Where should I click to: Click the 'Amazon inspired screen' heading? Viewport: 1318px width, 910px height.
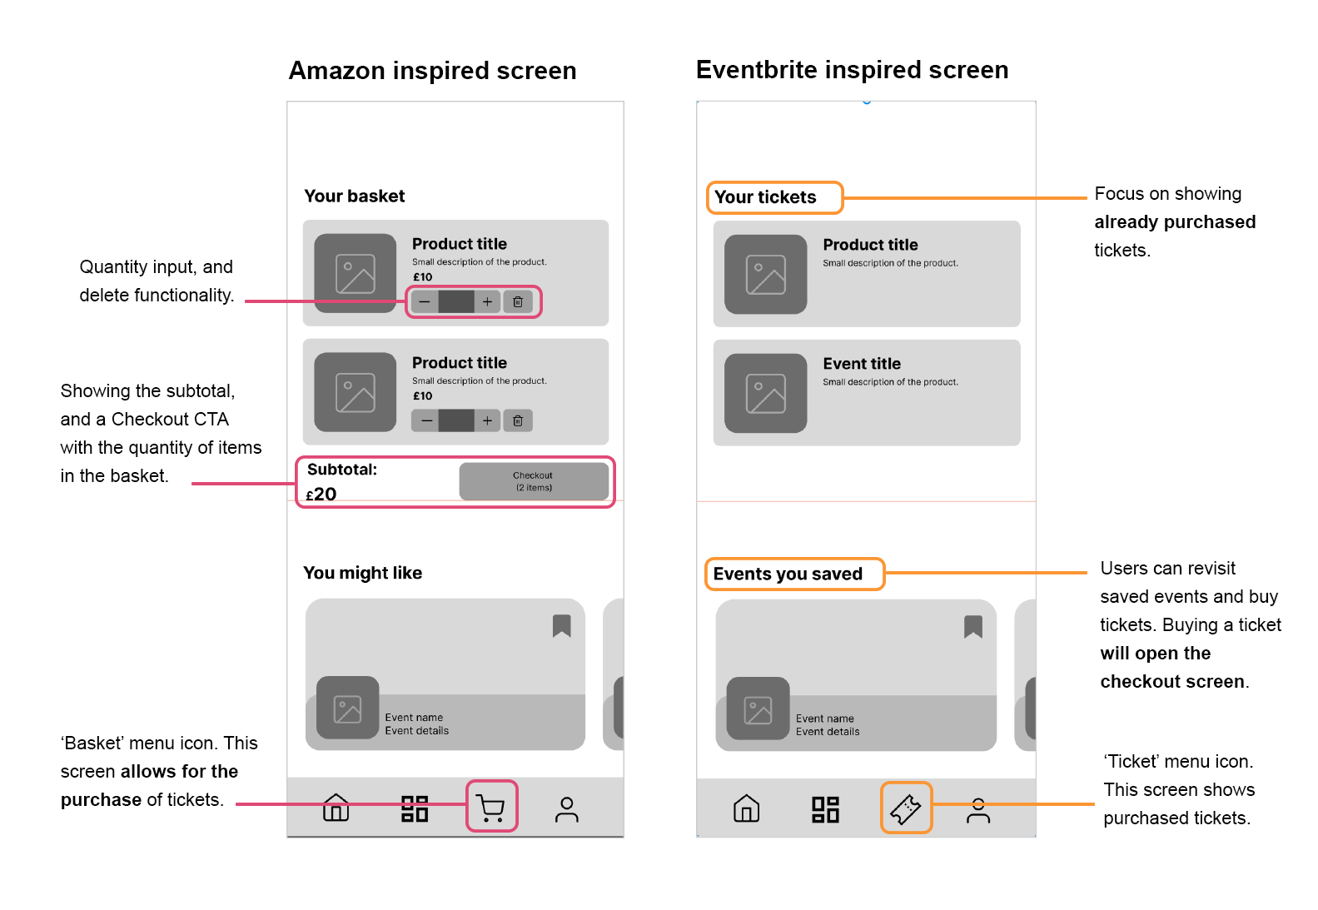[432, 71]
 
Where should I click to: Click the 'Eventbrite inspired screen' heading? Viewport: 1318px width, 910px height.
[852, 70]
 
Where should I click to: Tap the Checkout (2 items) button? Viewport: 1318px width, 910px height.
[533, 481]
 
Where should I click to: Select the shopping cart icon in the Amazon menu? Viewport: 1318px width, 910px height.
[491, 807]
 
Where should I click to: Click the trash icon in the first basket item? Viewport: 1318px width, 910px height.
[518, 301]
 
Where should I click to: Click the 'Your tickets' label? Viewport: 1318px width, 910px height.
[766, 197]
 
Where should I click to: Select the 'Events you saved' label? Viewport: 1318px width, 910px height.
[788, 574]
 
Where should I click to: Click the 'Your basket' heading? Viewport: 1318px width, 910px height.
[355, 196]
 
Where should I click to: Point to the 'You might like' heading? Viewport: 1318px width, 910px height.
[363, 573]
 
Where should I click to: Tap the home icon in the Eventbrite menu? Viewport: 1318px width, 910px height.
[746, 808]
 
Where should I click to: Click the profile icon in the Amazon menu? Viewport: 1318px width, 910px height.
[567, 809]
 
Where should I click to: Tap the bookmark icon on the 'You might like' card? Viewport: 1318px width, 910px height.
[562, 626]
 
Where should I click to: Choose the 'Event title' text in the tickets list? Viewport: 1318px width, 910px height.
[862, 364]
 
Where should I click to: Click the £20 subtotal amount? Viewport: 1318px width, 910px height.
[321, 495]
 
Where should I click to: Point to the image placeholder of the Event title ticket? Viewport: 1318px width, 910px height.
[766, 393]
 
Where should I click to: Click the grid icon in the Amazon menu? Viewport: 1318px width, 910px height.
[415, 808]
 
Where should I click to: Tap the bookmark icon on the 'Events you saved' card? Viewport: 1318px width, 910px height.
[973, 627]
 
